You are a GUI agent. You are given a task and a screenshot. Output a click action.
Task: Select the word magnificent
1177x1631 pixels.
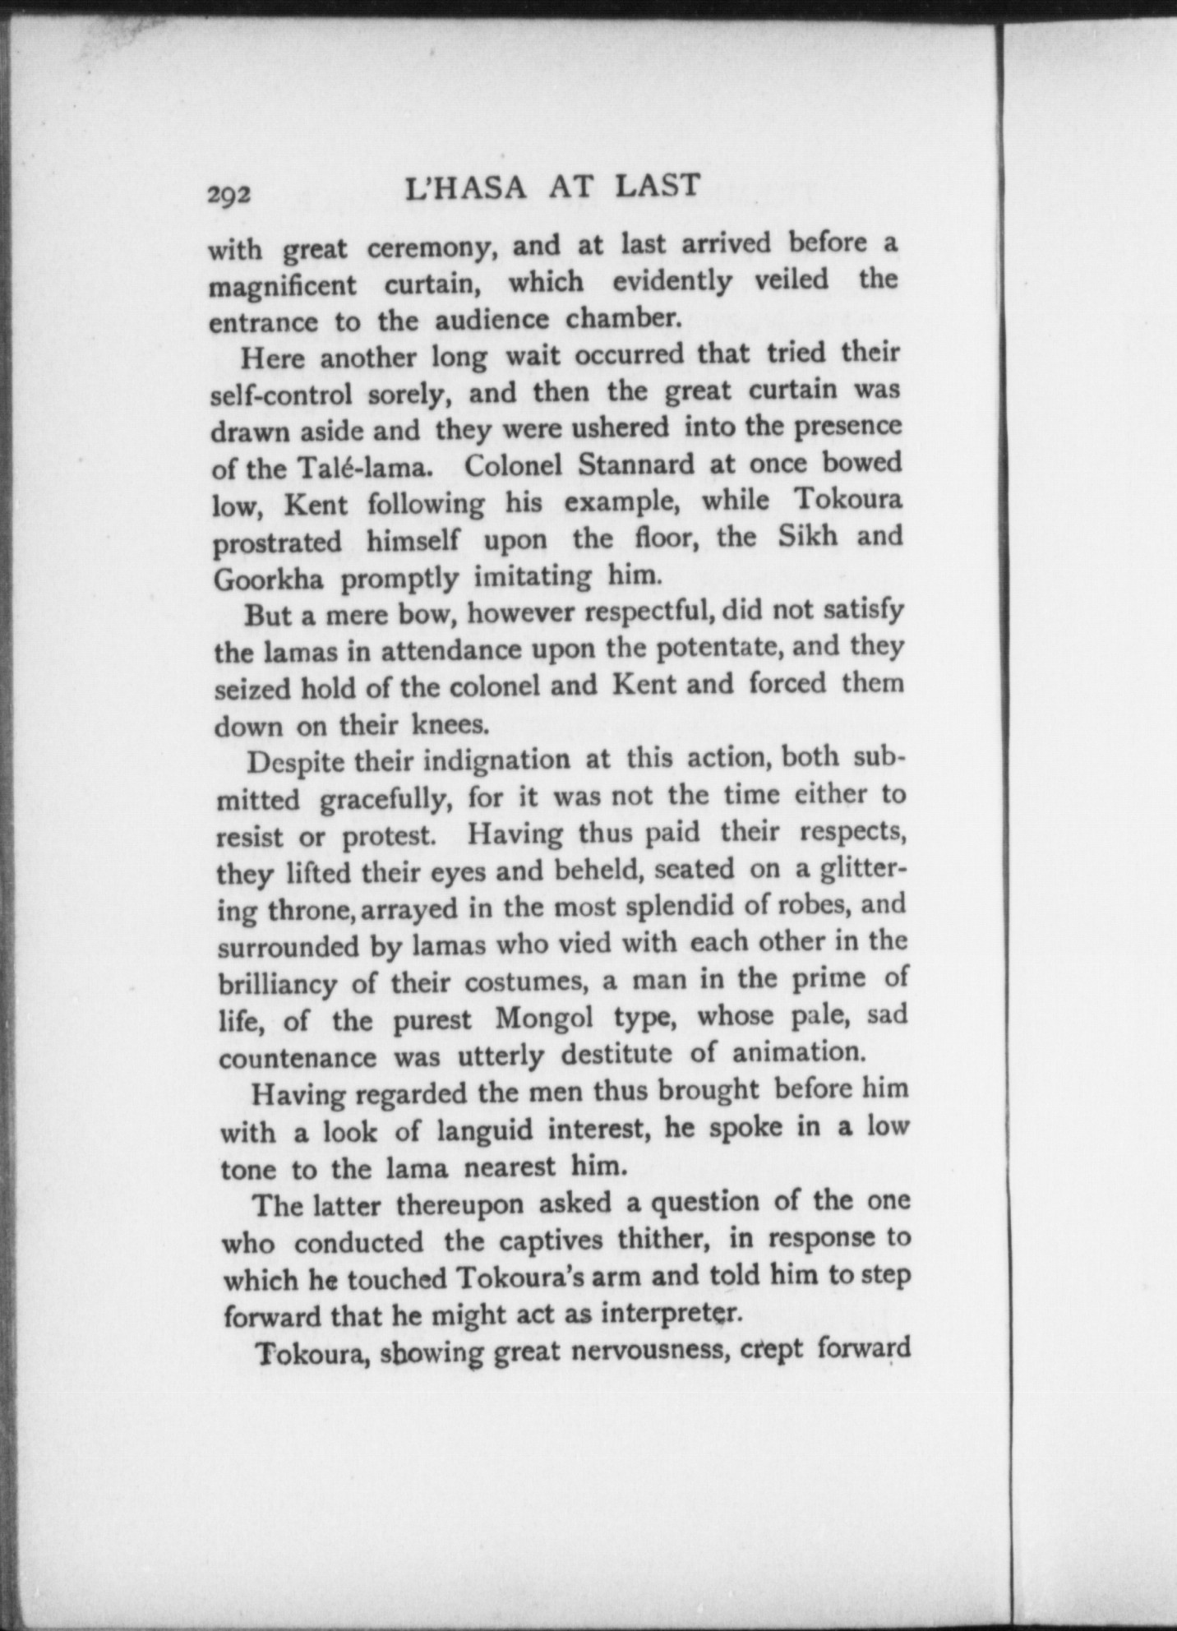282,287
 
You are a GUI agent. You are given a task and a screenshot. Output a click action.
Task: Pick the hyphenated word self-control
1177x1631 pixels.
281,395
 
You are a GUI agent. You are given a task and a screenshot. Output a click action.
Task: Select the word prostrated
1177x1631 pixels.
278,543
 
